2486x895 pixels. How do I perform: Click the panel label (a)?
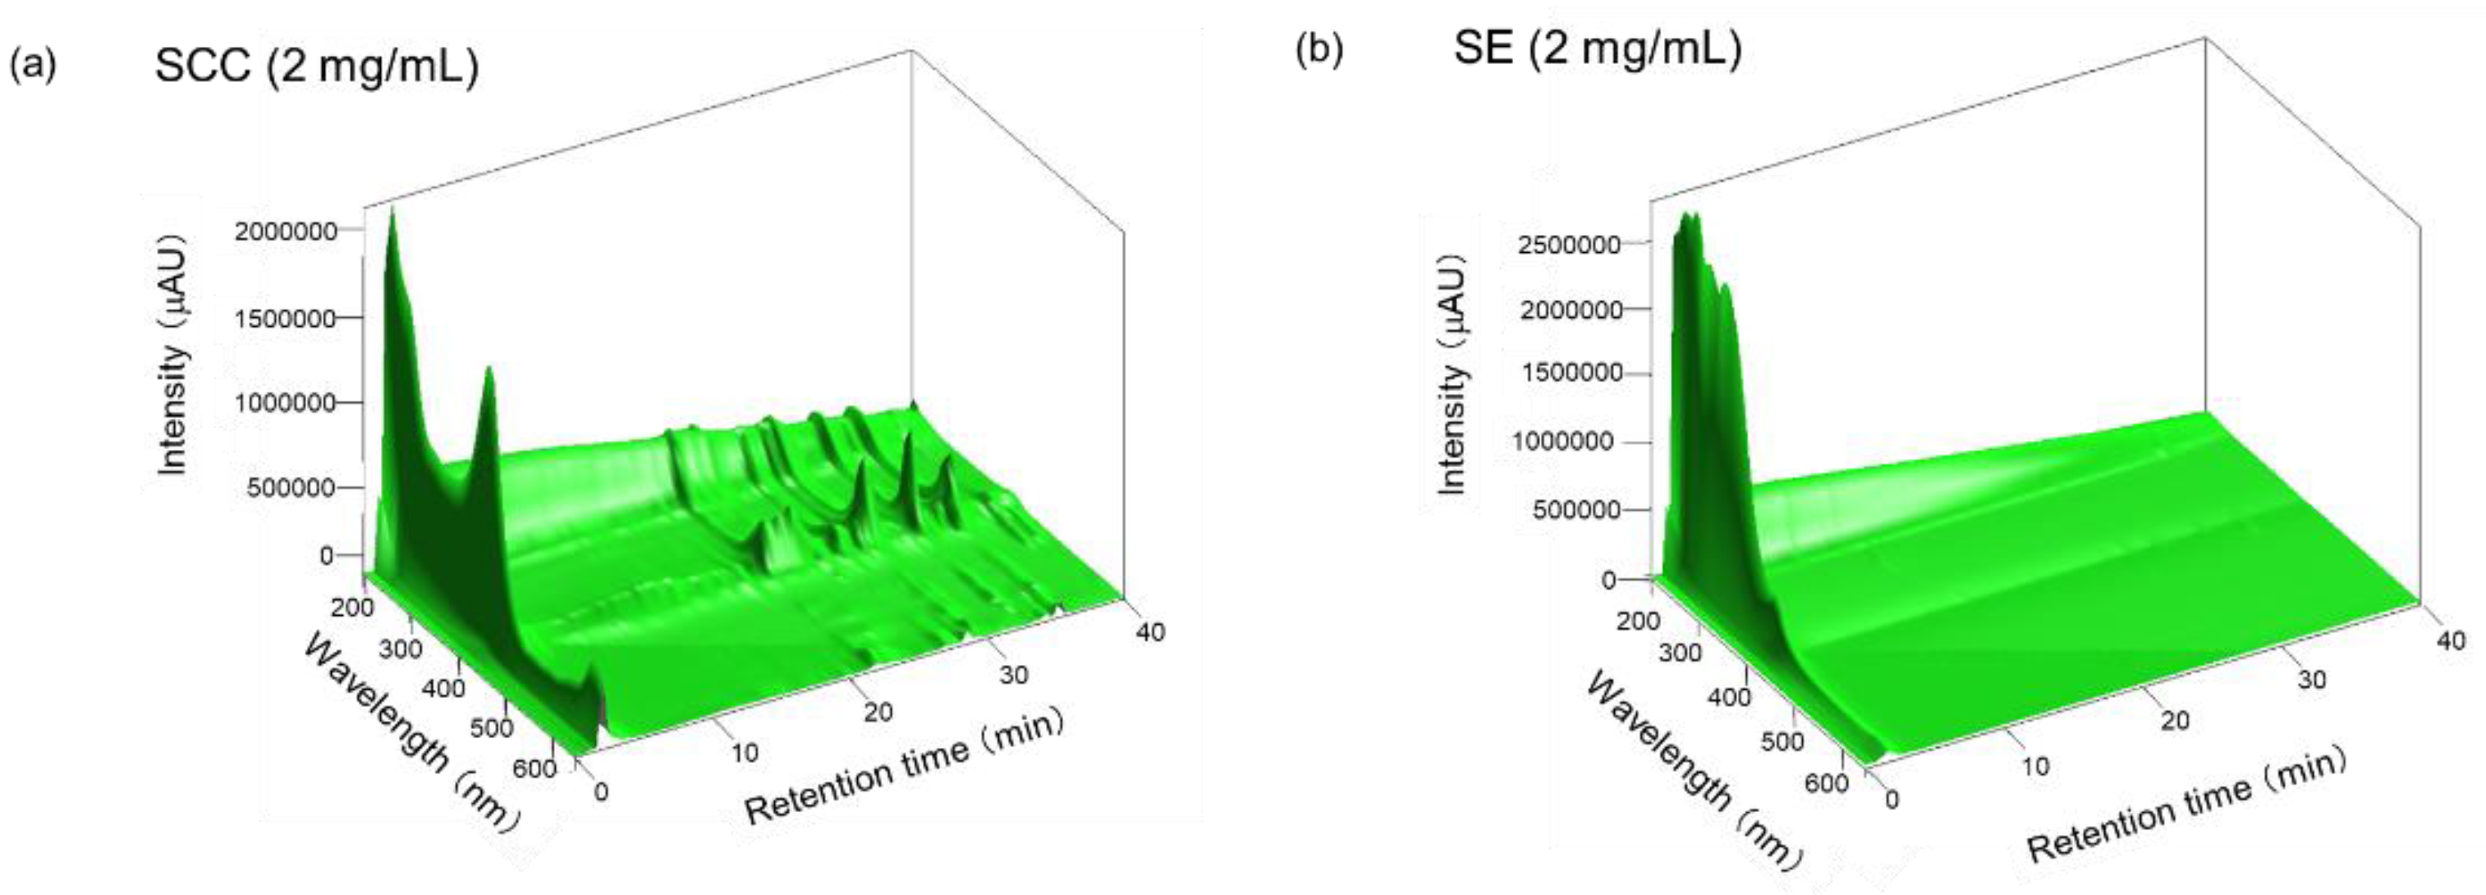33,65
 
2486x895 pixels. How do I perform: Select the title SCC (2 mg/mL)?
317,67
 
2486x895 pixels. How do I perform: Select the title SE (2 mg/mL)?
1597,48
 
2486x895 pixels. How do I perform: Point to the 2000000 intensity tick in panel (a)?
286,231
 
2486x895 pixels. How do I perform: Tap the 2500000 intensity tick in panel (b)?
1568,244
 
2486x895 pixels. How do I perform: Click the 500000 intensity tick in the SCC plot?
290,488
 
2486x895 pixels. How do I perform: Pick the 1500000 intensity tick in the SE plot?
1572,373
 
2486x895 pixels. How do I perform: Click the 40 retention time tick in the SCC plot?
1150,632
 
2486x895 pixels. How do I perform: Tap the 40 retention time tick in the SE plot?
2451,640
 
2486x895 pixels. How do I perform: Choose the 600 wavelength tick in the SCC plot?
534,769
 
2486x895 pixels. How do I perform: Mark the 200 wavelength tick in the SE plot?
1638,620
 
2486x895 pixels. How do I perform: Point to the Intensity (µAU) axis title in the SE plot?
1452,374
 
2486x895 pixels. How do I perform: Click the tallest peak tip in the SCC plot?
392,210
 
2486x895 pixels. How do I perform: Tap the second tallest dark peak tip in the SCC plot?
488,368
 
